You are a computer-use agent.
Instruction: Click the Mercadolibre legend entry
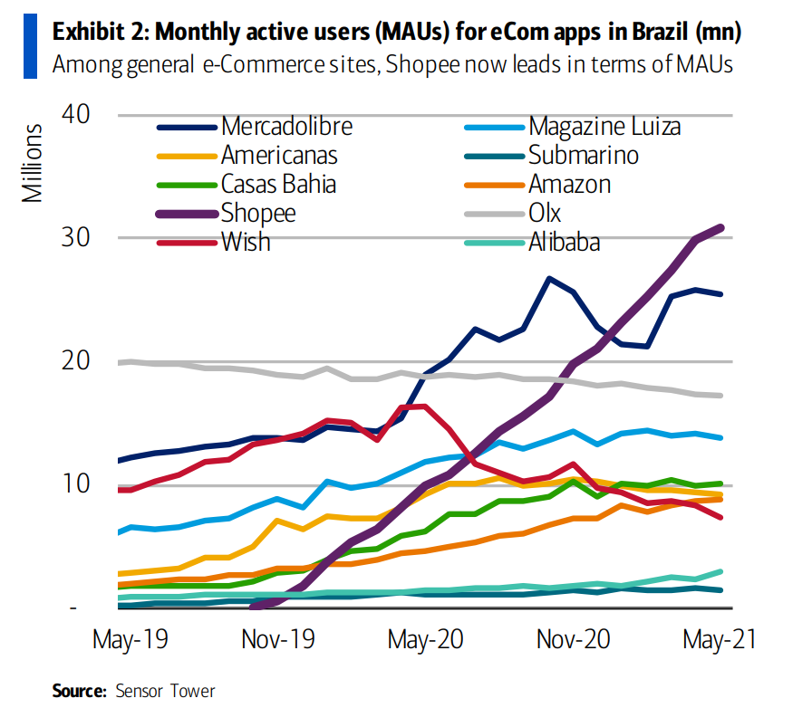[286, 126]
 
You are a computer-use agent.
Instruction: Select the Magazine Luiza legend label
[604, 126]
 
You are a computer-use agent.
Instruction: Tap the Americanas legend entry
[279, 155]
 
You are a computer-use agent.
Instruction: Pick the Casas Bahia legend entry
[278, 184]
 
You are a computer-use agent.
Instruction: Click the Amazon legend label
[569, 184]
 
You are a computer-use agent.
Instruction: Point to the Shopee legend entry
[258, 213]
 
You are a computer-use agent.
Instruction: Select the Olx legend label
[545, 213]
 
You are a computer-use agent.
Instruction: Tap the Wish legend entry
[246, 242]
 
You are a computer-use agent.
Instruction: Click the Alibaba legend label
[564, 242]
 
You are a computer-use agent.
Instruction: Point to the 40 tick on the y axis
[78, 115]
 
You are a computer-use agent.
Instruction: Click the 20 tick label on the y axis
[78, 361]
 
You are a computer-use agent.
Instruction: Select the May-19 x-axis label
[130, 638]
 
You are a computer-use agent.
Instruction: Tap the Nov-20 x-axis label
[573, 638]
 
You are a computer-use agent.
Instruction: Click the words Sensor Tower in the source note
[165, 691]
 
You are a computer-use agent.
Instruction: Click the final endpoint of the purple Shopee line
[721, 227]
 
